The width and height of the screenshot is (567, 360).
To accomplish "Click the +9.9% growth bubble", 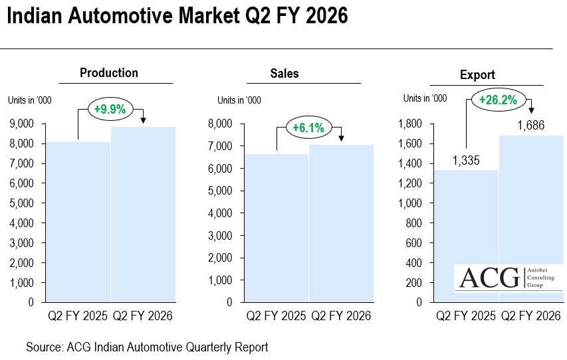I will click(x=110, y=109).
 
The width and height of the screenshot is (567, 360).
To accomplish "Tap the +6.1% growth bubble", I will click(x=308, y=128).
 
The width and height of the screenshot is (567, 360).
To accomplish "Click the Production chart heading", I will click(x=109, y=73).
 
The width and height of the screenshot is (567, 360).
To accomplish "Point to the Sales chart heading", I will click(x=284, y=73).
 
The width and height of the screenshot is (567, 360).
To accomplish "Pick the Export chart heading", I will click(x=477, y=75).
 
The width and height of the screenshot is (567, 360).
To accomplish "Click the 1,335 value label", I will click(x=466, y=160).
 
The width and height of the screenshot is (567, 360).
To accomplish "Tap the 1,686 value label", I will click(x=531, y=125).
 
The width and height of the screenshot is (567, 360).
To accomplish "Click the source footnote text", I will click(x=147, y=347).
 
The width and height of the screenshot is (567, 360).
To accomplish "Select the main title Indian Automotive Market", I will click(x=177, y=16).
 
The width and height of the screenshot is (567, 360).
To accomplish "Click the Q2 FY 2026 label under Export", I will click(x=532, y=315).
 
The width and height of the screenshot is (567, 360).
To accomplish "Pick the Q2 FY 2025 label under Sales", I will click(x=275, y=315).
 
